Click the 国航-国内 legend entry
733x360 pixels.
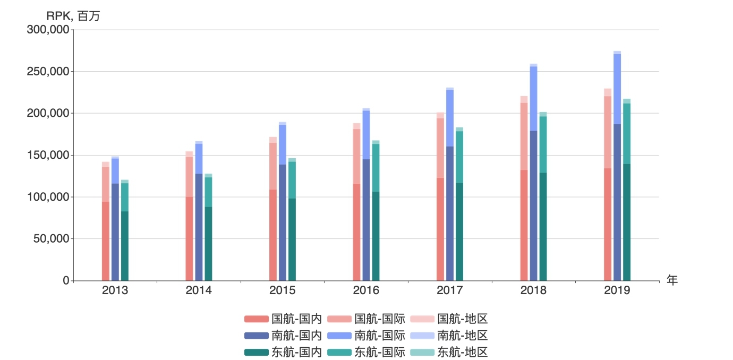[283, 319]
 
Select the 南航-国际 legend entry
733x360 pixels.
[366, 336]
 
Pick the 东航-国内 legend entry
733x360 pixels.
[283, 352]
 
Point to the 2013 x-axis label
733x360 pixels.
[115, 290]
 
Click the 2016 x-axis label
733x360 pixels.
[366, 290]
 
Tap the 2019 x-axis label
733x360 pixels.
[617, 290]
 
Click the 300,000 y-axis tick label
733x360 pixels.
[48, 30]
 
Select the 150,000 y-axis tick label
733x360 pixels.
[48, 155]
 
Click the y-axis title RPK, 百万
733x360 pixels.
[73, 16]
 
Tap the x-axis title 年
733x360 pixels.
[672, 280]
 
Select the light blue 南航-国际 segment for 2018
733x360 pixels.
[533, 98]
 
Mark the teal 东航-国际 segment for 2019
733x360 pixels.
[627, 133]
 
